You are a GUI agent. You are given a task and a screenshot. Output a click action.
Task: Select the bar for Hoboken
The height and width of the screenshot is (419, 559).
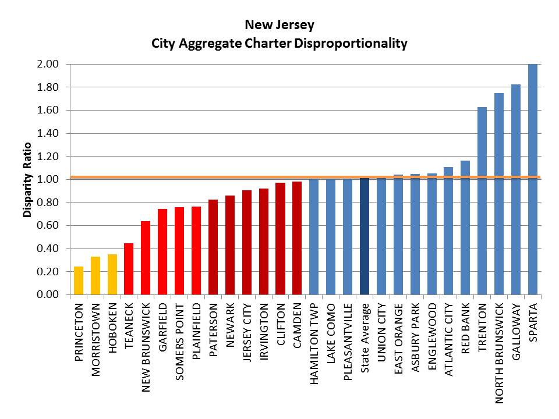pyautogui.click(x=112, y=274)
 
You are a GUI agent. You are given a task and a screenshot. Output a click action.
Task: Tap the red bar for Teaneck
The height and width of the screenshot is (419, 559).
pyautogui.click(x=129, y=269)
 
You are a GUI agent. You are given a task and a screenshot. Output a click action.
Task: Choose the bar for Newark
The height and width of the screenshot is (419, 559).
pyautogui.click(x=230, y=245)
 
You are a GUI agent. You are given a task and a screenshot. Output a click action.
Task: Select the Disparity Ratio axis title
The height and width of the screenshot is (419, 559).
pyautogui.click(x=27, y=179)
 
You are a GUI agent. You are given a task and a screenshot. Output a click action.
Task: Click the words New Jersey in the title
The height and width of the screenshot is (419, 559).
pyautogui.click(x=279, y=25)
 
